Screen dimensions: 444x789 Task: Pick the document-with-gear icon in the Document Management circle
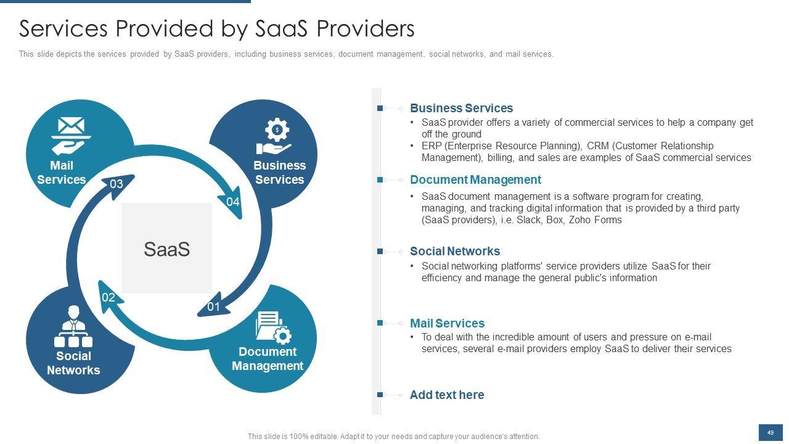click(x=272, y=326)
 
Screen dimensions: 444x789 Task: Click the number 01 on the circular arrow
click(x=213, y=306)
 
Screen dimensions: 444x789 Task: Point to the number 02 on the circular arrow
click(x=108, y=298)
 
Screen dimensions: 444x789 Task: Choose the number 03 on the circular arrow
click(x=117, y=184)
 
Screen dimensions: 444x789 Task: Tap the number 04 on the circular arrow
click(x=233, y=202)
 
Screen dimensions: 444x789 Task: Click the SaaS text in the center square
click(x=166, y=249)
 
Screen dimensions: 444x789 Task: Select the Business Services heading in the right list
click(x=461, y=108)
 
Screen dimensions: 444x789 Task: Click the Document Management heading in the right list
click(x=475, y=179)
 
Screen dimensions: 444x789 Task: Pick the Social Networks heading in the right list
click(x=454, y=251)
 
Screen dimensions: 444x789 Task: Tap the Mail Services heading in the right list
click(x=447, y=323)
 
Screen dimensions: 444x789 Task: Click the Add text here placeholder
click(x=447, y=395)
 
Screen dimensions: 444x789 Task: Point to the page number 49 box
click(x=770, y=433)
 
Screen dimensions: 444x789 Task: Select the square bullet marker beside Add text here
click(x=380, y=395)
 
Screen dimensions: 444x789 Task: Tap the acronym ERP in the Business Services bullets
click(x=431, y=146)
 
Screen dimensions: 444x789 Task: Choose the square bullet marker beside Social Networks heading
click(x=380, y=251)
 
